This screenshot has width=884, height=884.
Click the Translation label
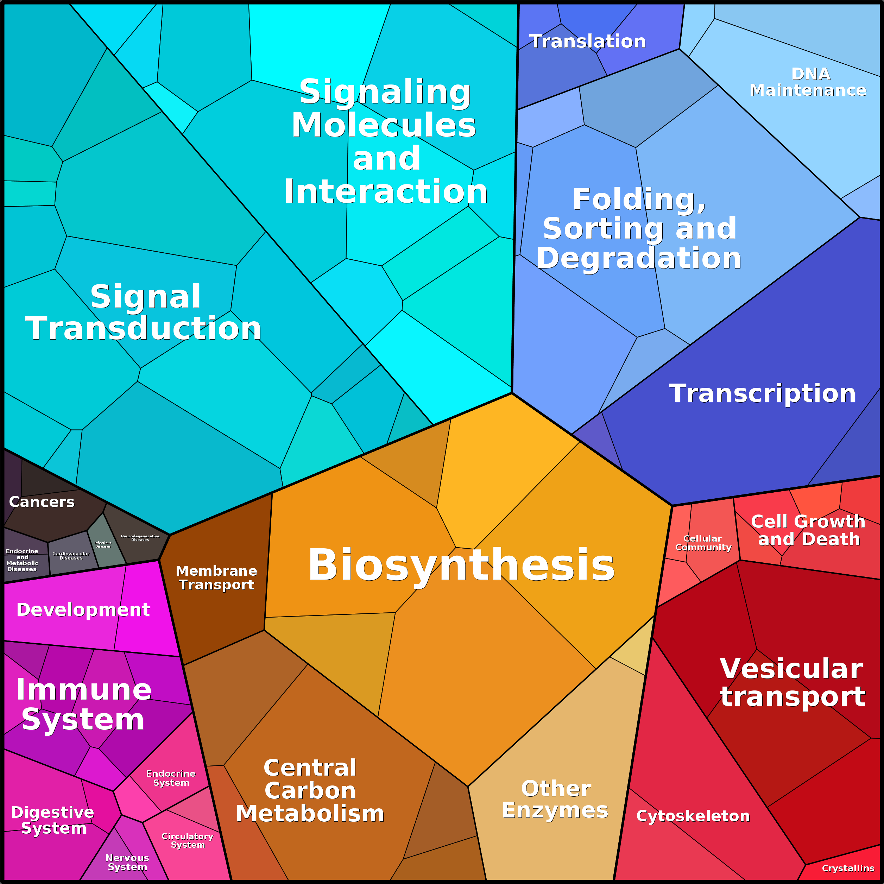(587, 42)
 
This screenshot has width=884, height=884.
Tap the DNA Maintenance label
(808, 82)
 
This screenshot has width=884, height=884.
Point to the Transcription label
(762, 393)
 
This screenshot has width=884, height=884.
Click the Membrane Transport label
(216, 577)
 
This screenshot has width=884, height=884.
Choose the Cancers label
(42, 502)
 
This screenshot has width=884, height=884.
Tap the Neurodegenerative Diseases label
(140, 538)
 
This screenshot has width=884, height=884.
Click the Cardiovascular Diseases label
(71, 555)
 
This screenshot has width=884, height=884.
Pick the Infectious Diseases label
(103, 544)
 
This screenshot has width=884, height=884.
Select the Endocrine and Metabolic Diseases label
(22, 560)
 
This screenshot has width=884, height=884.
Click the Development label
(83, 610)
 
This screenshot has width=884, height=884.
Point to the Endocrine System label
(171, 778)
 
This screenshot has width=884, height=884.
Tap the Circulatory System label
(188, 840)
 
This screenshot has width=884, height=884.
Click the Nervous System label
(127, 863)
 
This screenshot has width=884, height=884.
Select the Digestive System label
(53, 820)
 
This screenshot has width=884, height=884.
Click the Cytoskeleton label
(693, 816)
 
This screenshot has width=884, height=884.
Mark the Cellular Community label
(703, 543)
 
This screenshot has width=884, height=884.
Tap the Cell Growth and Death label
(808, 530)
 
